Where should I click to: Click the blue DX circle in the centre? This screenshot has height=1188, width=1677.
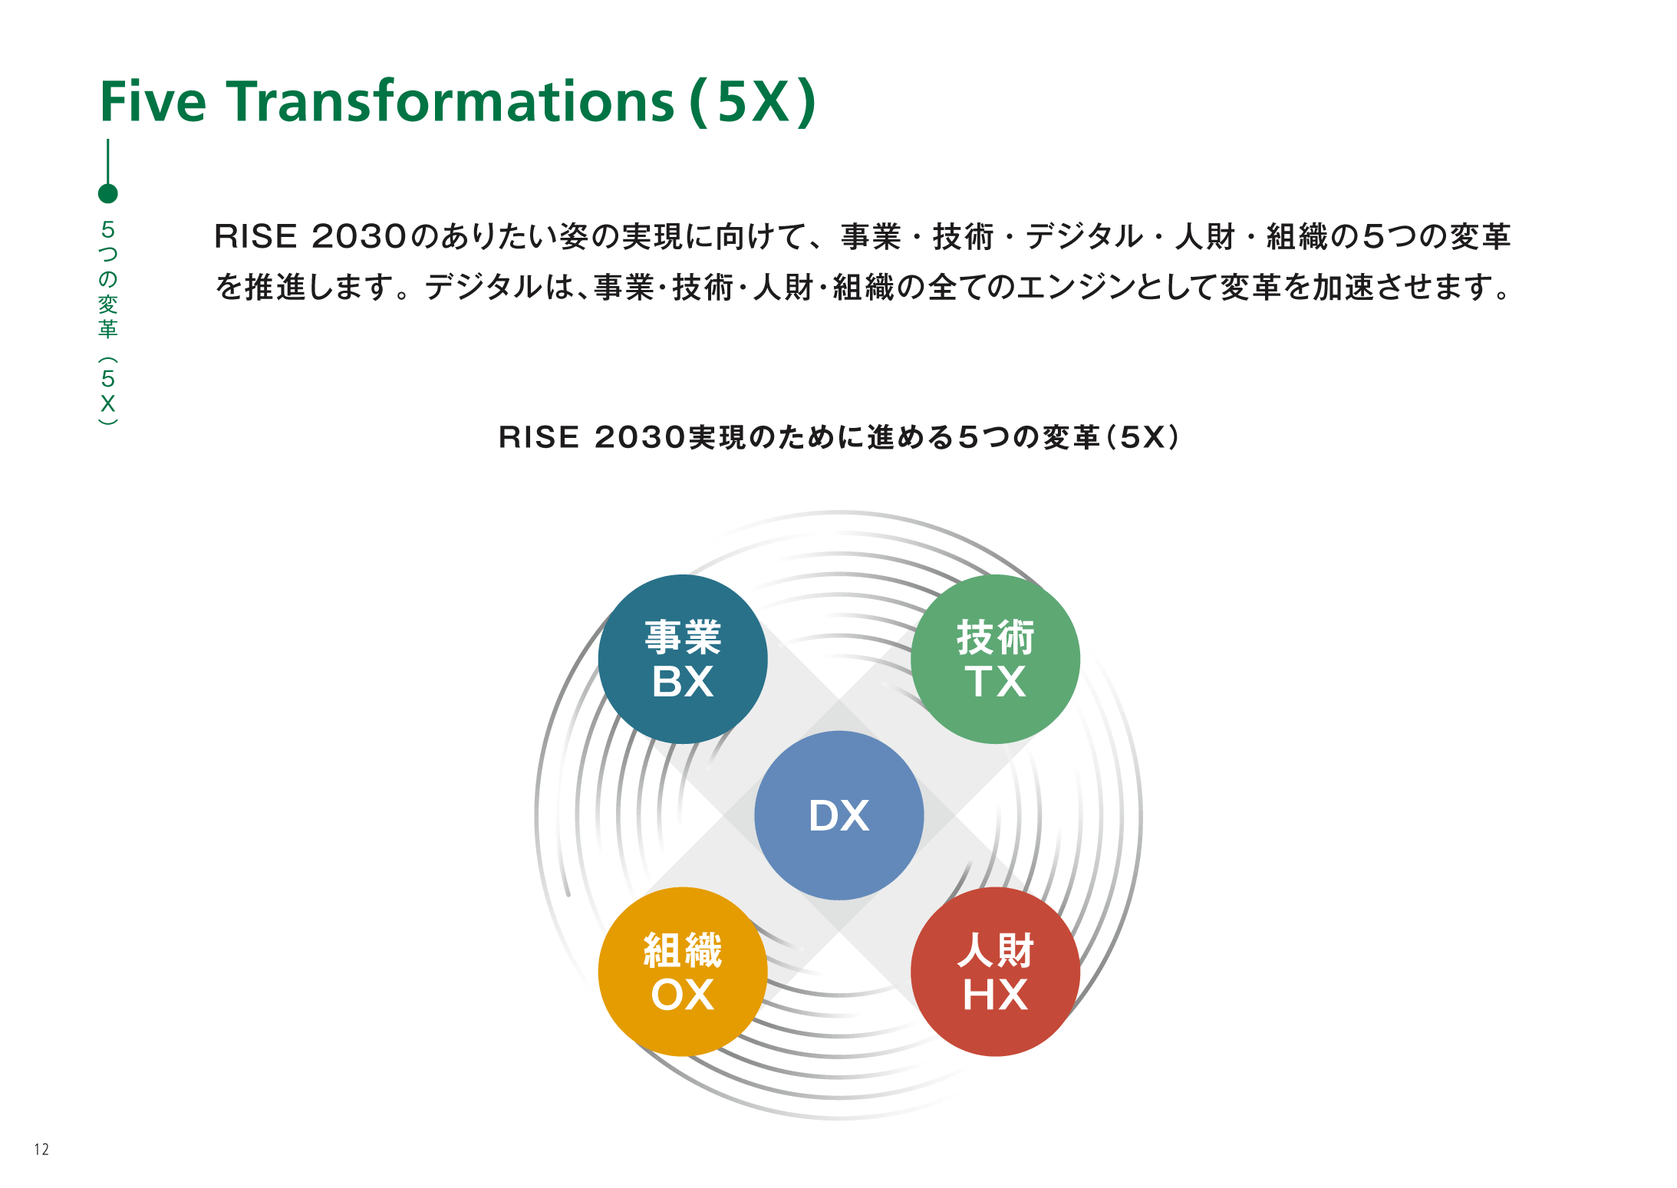pos(838,815)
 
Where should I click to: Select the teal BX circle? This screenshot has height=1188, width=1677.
pos(683,659)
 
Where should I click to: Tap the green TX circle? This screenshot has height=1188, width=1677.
pos(995,659)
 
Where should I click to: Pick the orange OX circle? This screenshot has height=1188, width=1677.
pos(683,972)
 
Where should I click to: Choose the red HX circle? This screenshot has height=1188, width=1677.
pos(995,972)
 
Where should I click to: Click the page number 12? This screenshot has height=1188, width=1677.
pos(41,1149)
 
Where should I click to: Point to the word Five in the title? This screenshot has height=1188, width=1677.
pos(153,101)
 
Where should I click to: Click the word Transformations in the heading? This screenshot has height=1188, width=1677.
pos(450,101)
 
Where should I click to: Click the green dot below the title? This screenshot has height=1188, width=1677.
pos(108,194)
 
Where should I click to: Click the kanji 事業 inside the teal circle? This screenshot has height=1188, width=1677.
pos(683,637)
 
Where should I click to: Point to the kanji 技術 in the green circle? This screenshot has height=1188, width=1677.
pos(995,637)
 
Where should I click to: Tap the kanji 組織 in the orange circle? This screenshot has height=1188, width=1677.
pos(683,950)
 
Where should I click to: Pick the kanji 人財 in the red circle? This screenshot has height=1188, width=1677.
pos(995,950)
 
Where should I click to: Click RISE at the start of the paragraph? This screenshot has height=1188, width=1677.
pos(255,236)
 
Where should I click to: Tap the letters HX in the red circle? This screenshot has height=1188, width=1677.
pos(995,995)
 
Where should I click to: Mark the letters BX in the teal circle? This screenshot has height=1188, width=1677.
pos(683,681)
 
